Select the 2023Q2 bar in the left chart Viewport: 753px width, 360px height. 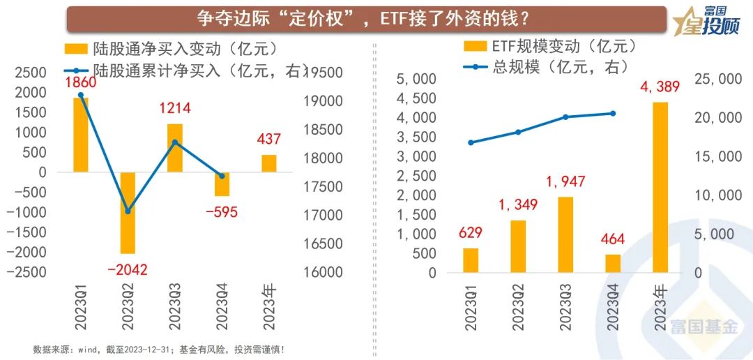[128, 212]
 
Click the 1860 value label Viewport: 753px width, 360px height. [81, 82]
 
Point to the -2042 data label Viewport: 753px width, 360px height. [128, 269]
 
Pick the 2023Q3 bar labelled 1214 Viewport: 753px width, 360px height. [174, 148]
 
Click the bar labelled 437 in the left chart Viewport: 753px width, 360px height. [268, 163]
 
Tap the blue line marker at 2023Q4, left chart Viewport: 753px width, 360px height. [222, 176]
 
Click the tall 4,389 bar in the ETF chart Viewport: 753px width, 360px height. [660, 187]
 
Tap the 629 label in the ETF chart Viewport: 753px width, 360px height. [471, 232]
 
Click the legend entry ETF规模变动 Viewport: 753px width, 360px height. [550, 47]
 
